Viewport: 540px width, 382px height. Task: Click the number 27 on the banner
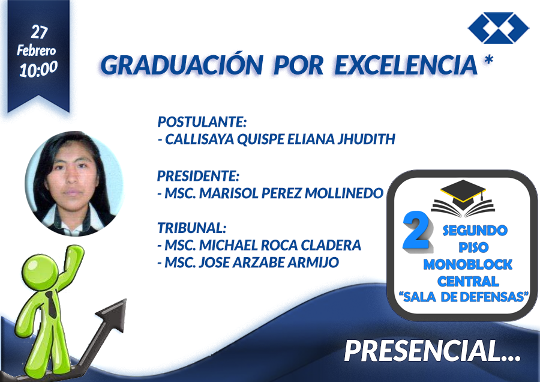(39, 32)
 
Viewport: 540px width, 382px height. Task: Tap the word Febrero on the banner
(37, 50)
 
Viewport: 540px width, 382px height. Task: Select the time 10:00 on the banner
(38, 69)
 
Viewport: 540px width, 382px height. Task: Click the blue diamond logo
(499, 28)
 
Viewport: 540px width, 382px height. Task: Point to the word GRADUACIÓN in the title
(182, 65)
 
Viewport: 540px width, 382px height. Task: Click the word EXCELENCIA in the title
(406, 65)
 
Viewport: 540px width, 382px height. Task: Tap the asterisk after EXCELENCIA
(488, 60)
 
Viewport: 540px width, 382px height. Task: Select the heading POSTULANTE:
(202, 122)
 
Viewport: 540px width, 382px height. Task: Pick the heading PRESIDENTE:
(198, 176)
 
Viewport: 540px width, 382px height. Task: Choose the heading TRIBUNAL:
(192, 228)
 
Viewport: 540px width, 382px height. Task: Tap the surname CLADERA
(331, 245)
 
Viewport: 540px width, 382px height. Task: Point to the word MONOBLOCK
(468, 264)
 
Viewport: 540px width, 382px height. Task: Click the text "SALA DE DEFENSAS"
(464, 297)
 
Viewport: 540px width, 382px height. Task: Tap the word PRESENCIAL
(422, 351)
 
